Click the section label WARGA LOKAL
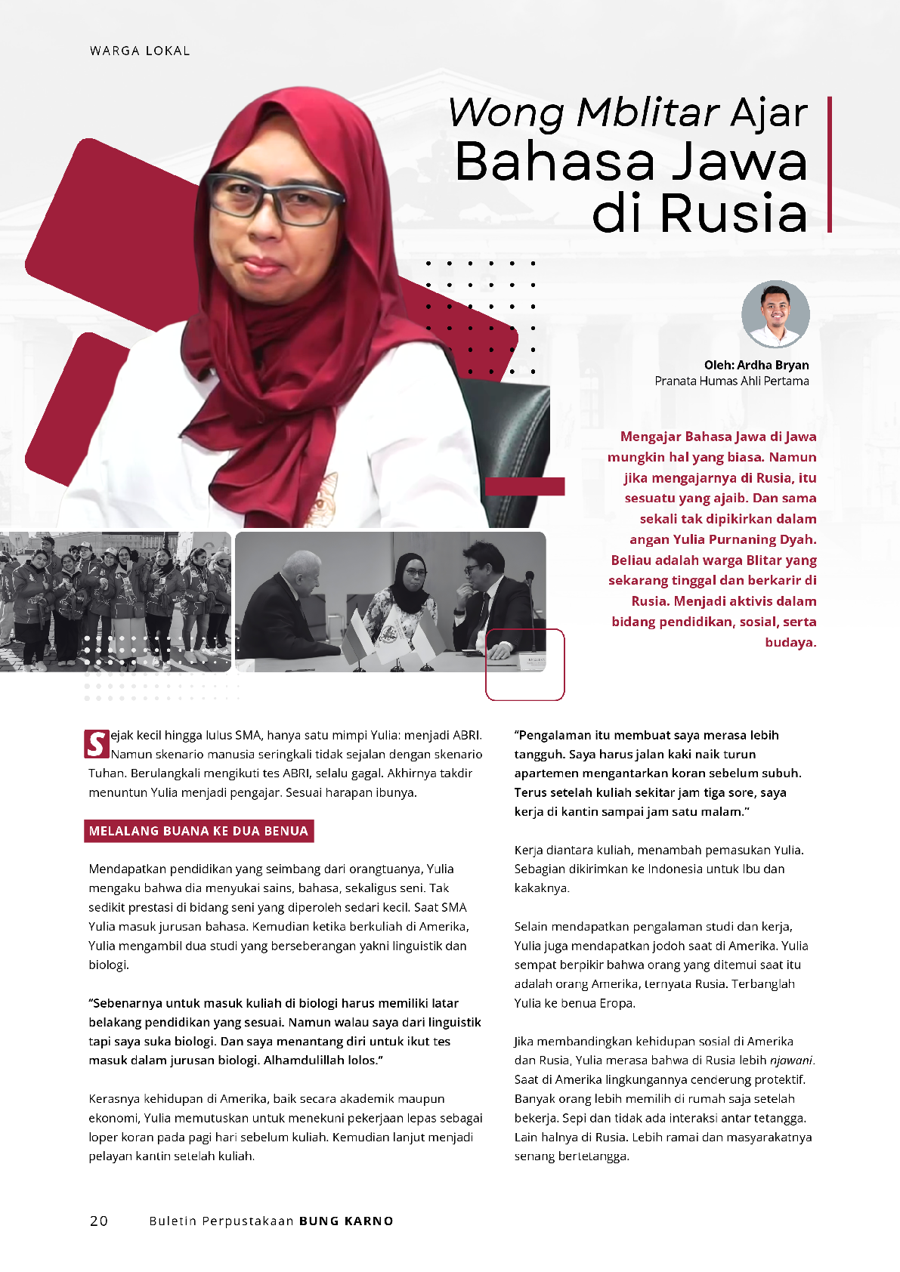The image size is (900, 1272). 140,51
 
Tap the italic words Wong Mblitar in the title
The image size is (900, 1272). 583,113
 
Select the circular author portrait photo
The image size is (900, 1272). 775,314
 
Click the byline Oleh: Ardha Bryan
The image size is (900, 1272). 756,365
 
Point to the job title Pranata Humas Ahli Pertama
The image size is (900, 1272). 731,381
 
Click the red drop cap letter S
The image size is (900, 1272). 97,744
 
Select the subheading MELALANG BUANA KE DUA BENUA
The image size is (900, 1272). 199,831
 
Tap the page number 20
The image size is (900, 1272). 99,1221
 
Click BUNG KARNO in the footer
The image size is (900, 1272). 346,1221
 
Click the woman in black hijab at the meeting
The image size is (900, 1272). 409,597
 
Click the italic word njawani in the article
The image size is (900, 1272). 791,1061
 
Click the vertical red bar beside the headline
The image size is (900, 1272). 830,164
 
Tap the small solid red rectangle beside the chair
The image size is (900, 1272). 525,486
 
